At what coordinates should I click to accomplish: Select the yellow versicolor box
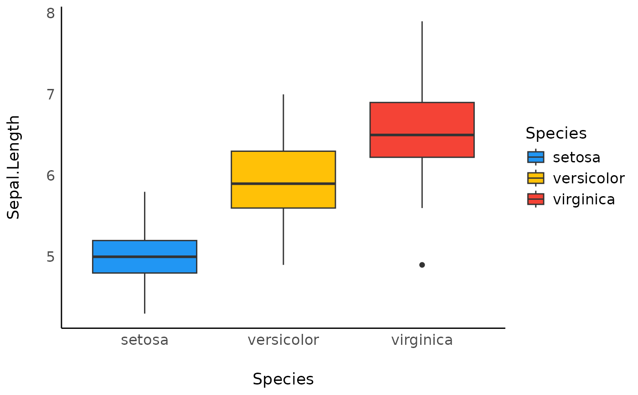[x=283, y=166]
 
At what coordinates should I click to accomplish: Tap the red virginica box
[x=422, y=119]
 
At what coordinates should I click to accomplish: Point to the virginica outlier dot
[x=422, y=265]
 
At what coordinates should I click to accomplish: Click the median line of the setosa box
[x=144, y=257]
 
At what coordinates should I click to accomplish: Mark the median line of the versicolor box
[x=283, y=184]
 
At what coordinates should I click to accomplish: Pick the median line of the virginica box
[x=422, y=135]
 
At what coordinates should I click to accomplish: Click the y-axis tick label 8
[x=50, y=13]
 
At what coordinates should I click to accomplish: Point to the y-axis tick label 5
[x=50, y=257]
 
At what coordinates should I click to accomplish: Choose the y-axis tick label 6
[x=50, y=176]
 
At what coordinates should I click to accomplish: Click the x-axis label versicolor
[x=283, y=340]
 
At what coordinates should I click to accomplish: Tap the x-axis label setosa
[x=144, y=340]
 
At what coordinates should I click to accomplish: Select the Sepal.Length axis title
[x=14, y=167]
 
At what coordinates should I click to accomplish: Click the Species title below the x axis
[x=283, y=379]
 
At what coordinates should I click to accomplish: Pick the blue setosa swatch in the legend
[x=535, y=157]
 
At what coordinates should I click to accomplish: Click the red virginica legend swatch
[x=535, y=199]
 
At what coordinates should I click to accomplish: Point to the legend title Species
[x=556, y=134]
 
